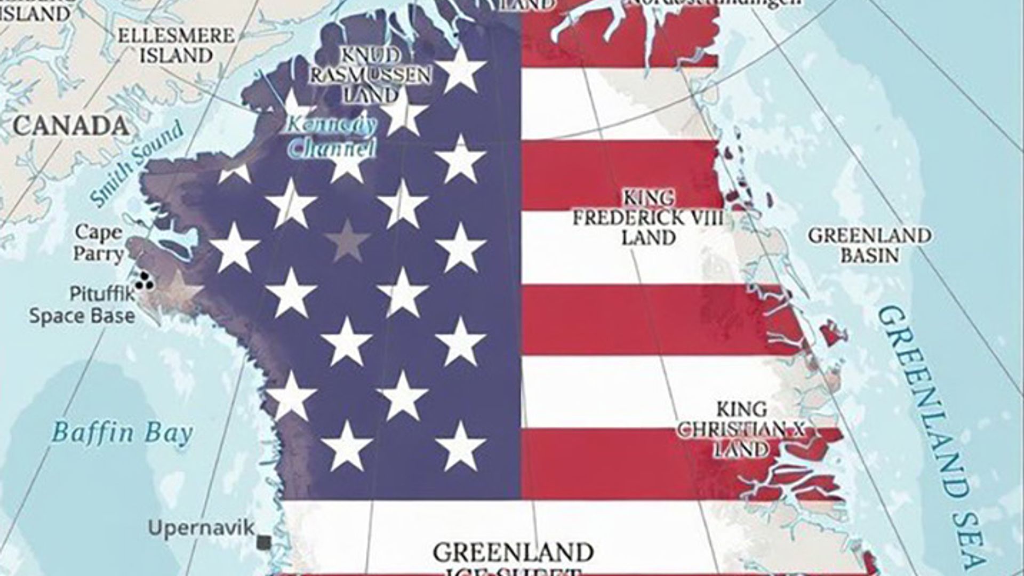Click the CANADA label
click(x=70, y=126)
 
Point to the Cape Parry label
click(x=98, y=243)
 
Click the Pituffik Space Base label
click(x=82, y=305)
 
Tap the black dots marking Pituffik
click(x=144, y=281)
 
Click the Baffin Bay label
click(x=122, y=433)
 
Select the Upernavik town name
click(x=202, y=528)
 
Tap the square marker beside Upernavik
click(x=264, y=542)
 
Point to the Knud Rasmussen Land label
click(x=370, y=75)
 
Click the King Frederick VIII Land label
click(x=648, y=218)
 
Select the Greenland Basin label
click(x=870, y=245)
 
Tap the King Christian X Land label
click(x=741, y=429)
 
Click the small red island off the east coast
click(x=834, y=334)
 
